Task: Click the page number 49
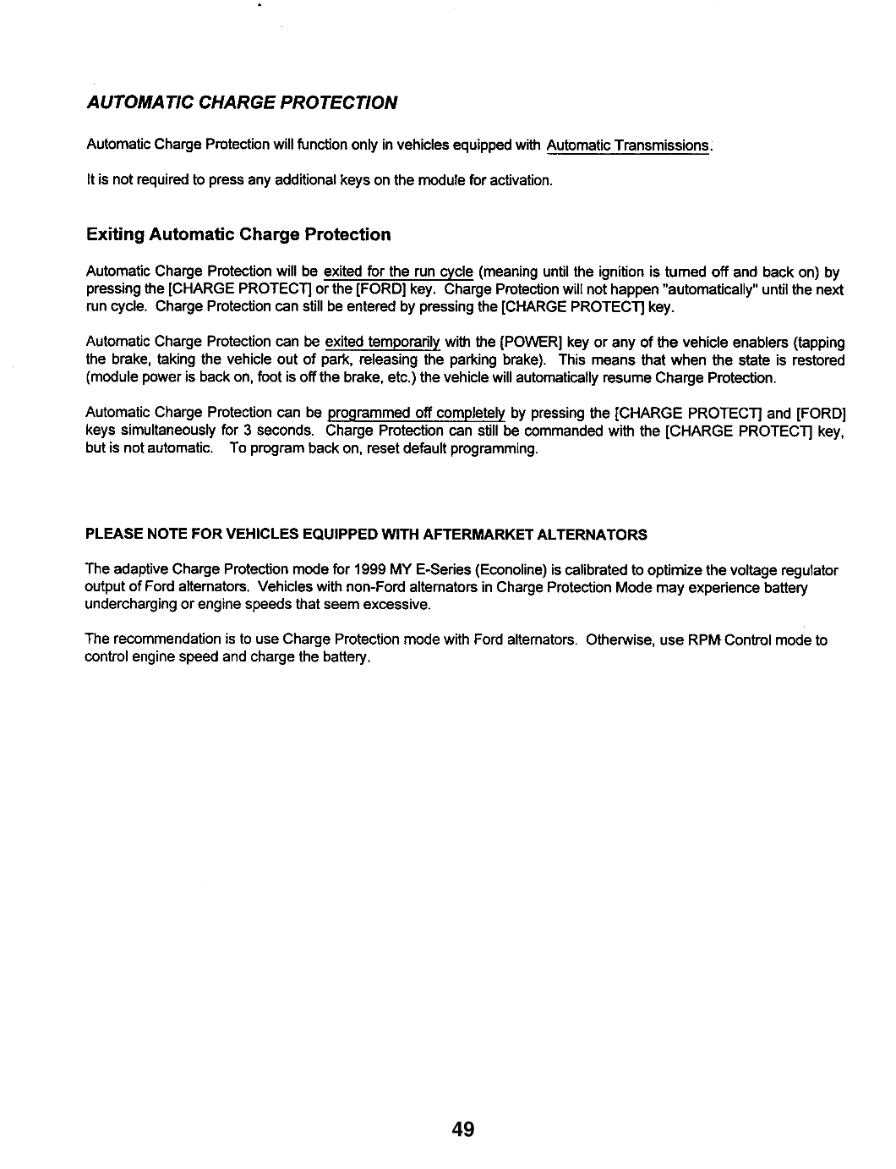[x=463, y=1128]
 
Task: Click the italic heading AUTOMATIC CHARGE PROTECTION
[x=242, y=103]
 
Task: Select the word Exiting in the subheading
[x=115, y=234]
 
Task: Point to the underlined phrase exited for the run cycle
[x=398, y=272]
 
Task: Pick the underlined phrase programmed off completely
[x=416, y=413]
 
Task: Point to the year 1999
[x=372, y=569]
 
